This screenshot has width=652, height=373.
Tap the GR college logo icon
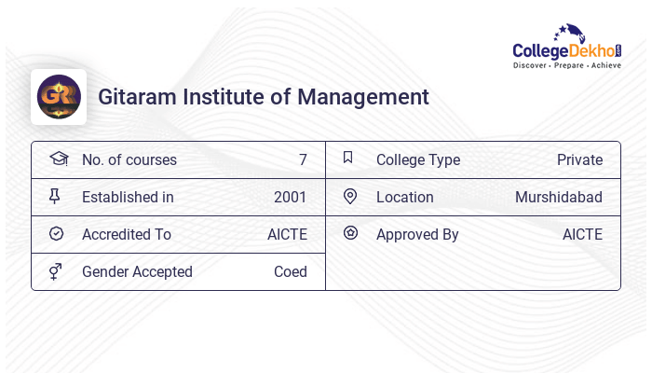[x=59, y=97]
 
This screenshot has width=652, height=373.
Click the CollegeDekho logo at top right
[x=567, y=47]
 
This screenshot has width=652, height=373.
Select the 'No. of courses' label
[x=129, y=159]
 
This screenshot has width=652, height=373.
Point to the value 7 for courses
[x=303, y=159]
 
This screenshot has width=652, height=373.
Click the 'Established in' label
[x=128, y=197]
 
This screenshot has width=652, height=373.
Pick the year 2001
[x=290, y=197]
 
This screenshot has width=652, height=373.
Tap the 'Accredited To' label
[x=127, y=234]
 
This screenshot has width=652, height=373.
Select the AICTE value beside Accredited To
[x=287, y=234]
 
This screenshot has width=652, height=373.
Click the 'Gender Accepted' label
[x=137, y=271]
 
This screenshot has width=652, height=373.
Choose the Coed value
[x=290, y=271]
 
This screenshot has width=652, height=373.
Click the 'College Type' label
[x=418, y=159]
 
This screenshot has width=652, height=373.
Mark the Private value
[x=579, y=159]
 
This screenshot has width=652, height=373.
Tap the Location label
[x=405, y=197]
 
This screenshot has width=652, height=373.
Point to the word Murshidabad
[x=559, y=197]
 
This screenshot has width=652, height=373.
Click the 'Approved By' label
[x=417, y=234]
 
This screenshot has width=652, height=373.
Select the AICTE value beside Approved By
[x=582, y=234]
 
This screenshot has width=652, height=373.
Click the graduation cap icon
[x=58, y=159]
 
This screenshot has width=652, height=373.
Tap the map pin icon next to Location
[x=350, y=196]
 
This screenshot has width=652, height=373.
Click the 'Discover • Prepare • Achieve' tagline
[x=567, y=65]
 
